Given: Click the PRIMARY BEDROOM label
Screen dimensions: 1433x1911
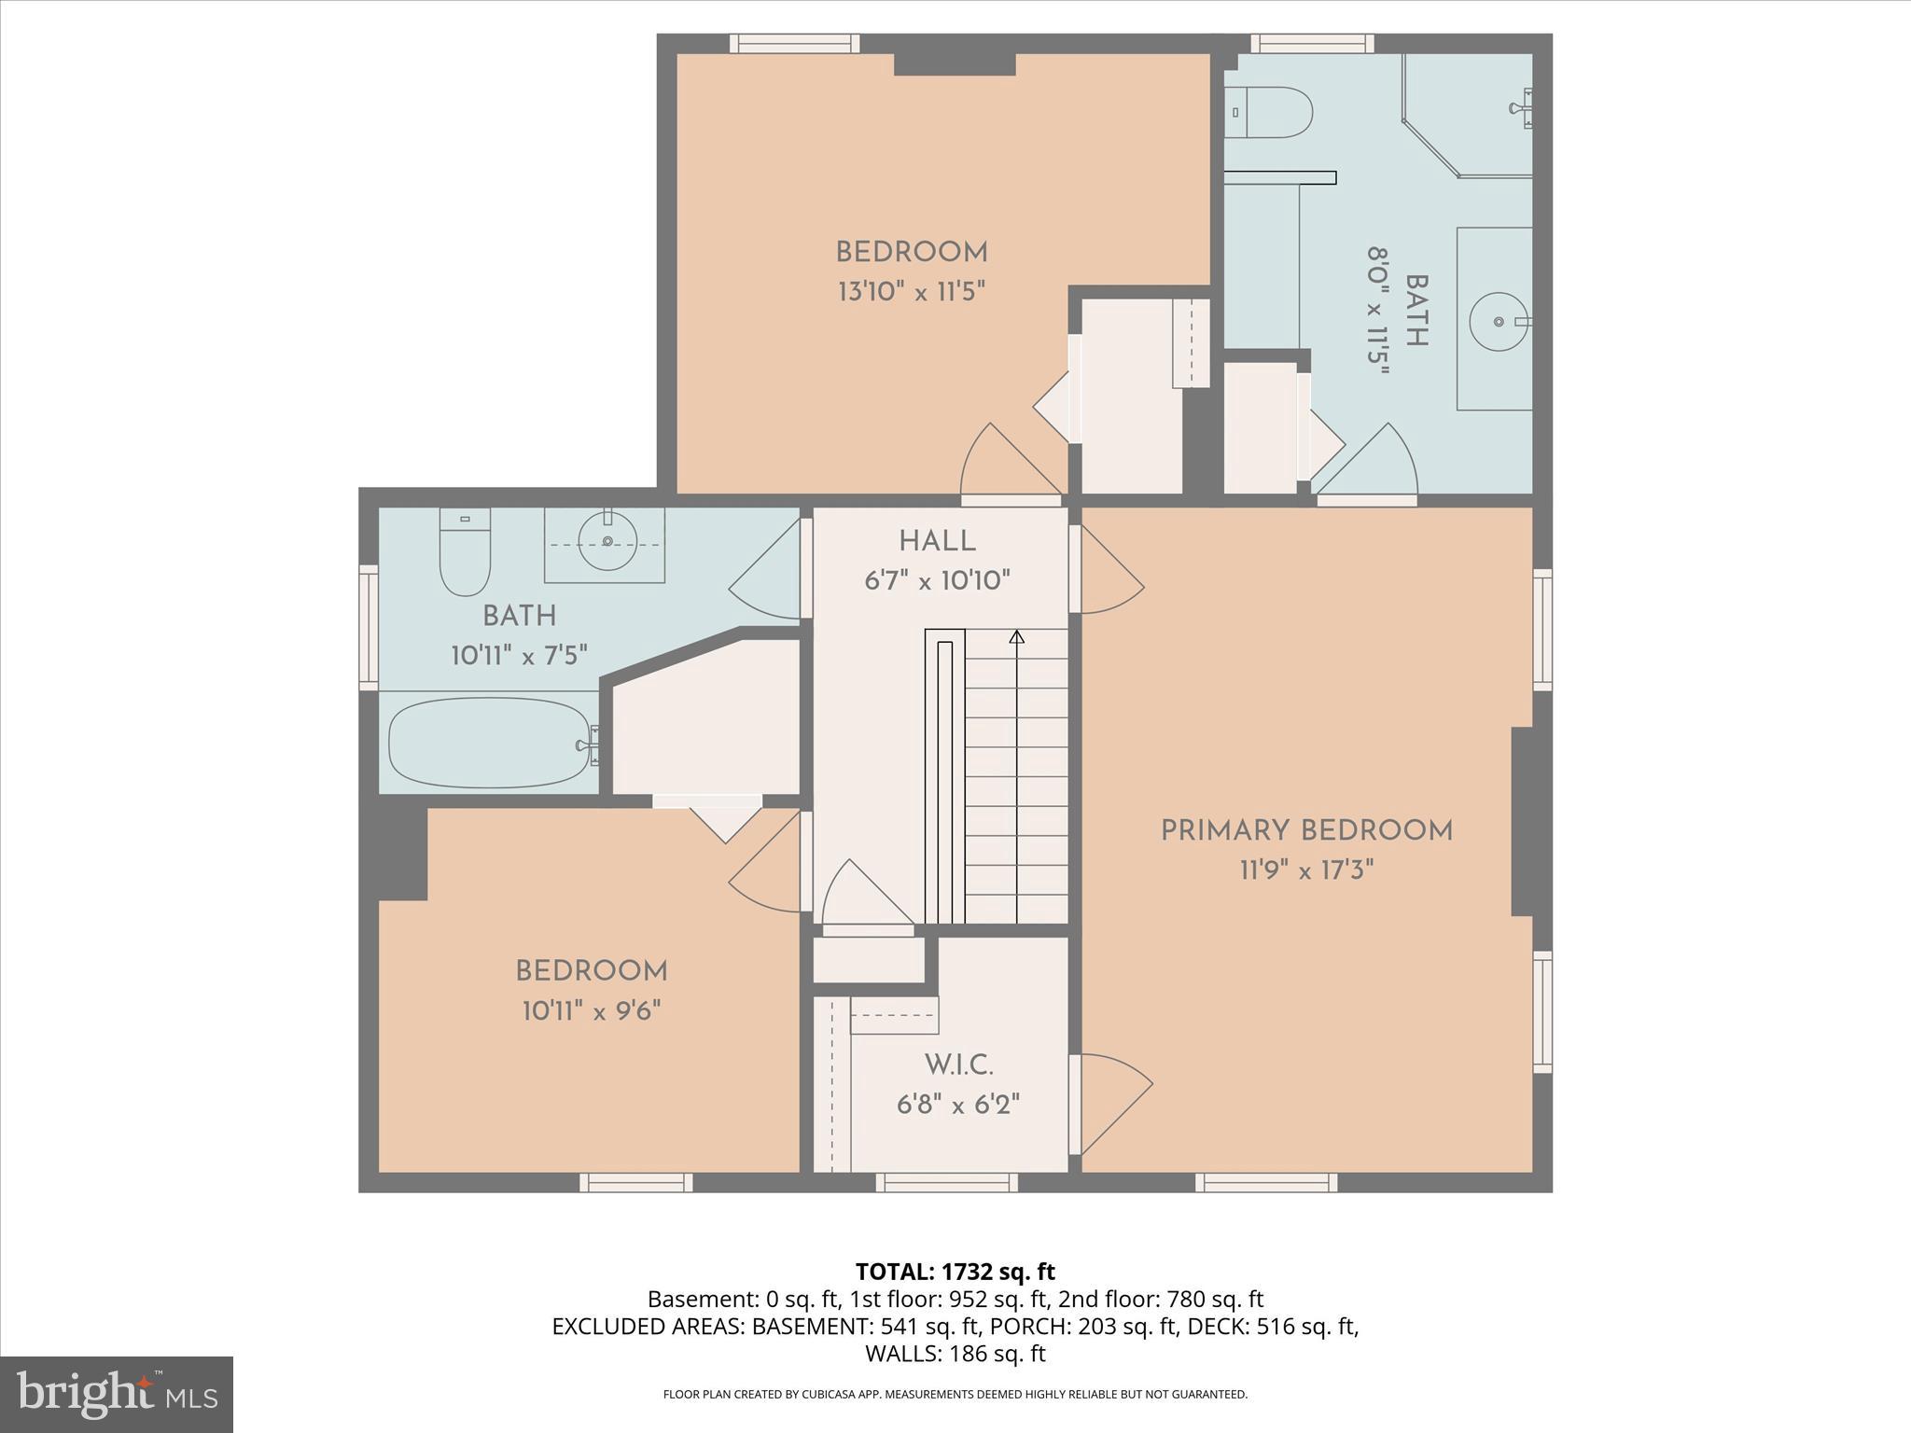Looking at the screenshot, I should (x=1306, y=831).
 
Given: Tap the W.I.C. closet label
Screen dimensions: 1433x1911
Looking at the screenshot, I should (x=958, y=1064).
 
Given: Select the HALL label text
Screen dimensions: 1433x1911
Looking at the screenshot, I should (x=937, y=541).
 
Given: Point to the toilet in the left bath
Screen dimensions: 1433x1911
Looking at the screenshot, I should (x=465, y=556).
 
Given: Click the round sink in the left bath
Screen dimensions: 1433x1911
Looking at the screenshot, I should (x=607, y=541).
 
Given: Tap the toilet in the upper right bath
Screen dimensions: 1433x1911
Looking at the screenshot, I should (x=1270, y=112).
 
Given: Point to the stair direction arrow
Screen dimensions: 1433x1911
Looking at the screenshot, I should (x=1017, y=637).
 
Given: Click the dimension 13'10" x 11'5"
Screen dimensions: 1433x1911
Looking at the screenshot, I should (x=912, y=292).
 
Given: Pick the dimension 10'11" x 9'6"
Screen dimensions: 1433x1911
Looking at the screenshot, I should (x=592, y=1011).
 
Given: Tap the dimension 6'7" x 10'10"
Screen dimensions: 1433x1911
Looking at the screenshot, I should (x=937, y=581).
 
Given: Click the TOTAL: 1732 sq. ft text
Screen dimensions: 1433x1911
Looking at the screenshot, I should (x=955, y=1272).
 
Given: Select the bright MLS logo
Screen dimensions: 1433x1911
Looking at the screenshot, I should (x=117, y=1395).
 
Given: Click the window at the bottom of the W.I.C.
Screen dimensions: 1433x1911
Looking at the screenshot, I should (x=946, y=1183).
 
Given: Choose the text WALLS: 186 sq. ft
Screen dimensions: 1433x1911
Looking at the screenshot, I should (x=955, y=1354).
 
